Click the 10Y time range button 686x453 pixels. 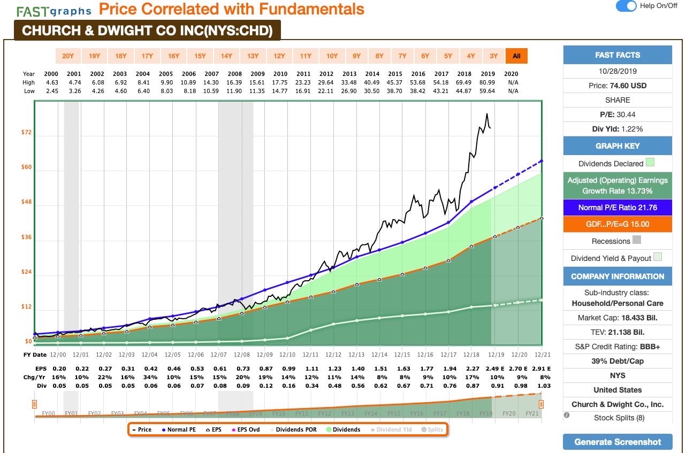(x=332, y=56)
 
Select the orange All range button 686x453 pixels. (x=516, y=56)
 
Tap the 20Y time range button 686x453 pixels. (x=68, y=56)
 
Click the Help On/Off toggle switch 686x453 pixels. (x=626, y=6)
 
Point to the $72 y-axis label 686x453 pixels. (x=25, y=132)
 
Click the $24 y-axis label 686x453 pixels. (x=25, y=272)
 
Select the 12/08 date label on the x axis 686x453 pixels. (x=242, y=355)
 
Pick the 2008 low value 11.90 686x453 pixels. (x=234, y=91)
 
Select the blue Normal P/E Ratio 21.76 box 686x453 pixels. (x=617, y=208)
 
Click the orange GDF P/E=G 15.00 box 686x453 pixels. (x=617, y=224)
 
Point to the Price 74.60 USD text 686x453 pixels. (x=617, y=86)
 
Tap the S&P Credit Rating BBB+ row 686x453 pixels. (x=617, y=347)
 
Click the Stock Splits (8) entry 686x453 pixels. (x=617, y=418)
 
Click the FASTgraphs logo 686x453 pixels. (x=54, y=11)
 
